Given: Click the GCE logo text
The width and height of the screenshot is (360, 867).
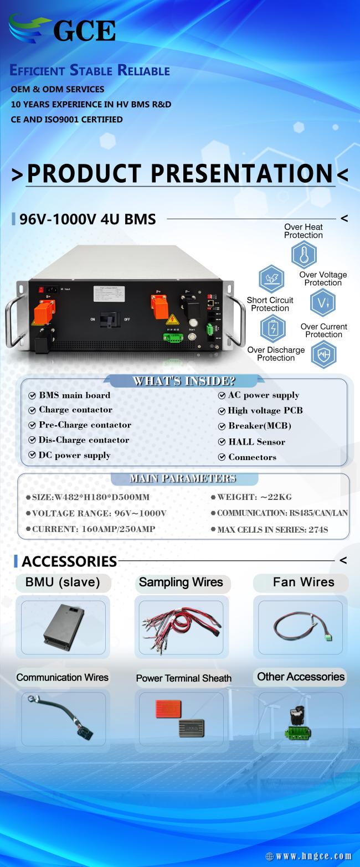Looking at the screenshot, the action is click(x=84, y=31).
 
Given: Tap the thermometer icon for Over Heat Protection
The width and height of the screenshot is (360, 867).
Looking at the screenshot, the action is click(x=304, y=254).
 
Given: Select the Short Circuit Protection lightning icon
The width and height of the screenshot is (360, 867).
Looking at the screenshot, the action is click(x=271, y=278).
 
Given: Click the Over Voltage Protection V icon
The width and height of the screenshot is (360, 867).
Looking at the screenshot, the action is click(x=322, y=303).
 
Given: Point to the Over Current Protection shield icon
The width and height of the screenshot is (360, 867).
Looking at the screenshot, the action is click(x=324, y=354).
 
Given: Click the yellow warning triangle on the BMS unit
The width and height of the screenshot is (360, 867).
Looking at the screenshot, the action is click(x=173, y=319).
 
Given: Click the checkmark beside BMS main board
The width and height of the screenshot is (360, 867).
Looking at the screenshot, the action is click(x=32, y=395).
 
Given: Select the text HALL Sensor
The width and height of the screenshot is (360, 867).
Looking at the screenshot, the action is click(x=256, y=442).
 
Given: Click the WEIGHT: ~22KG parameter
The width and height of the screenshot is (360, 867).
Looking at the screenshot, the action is click(x=254, y=497).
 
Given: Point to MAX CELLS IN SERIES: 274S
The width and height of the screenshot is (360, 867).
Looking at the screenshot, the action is click(x=272, y=529).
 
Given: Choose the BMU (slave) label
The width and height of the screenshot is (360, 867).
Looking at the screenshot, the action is click(x=63, y=582).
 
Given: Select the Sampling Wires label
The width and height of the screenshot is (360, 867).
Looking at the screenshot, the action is click(x=181, y=582).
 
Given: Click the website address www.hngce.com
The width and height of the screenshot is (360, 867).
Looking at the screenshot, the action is click(x=313, y=856).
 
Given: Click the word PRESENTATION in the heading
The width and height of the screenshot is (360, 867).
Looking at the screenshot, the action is click(x=241, y=173).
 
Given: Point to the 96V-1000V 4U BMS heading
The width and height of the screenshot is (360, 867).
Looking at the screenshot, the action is click(x=88, y=219).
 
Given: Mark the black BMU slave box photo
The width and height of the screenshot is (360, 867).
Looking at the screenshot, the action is click(x=64, y=627).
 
